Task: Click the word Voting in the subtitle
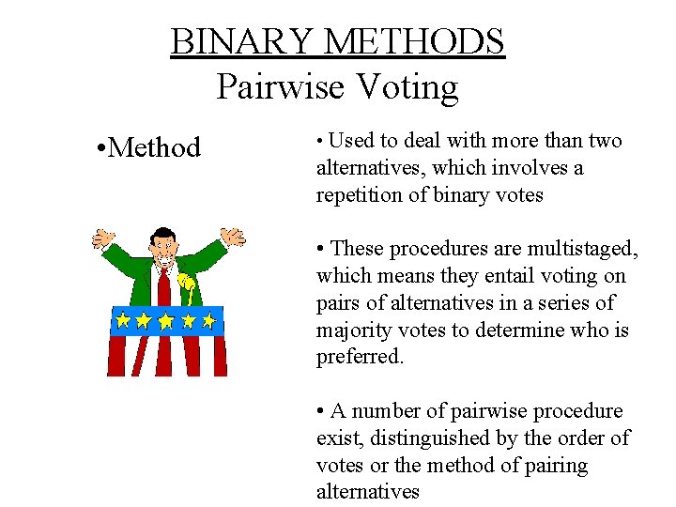(407, 87)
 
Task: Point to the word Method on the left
(155, 147)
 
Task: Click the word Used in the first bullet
(351, 141)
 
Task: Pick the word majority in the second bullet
(352, 330)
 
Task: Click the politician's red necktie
(164, 285)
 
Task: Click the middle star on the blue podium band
(165, 321)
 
